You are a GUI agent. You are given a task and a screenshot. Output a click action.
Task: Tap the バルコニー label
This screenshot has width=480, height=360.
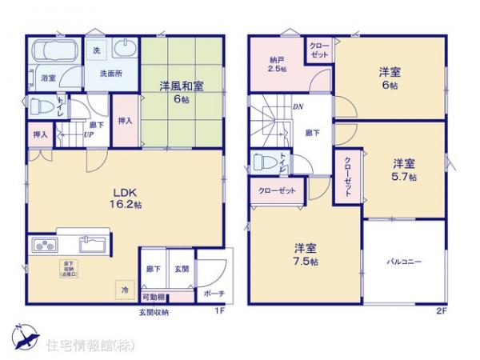[404, 262]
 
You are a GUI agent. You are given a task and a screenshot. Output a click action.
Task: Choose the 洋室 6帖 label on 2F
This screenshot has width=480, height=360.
[390, 78]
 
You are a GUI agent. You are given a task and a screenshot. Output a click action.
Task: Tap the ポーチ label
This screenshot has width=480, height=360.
[214, 294]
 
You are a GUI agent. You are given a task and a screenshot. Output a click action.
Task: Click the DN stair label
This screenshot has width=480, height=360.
[297, 106]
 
